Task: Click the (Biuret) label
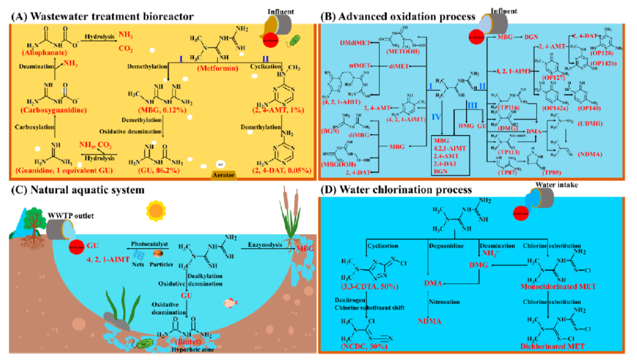[x=193, y=341]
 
